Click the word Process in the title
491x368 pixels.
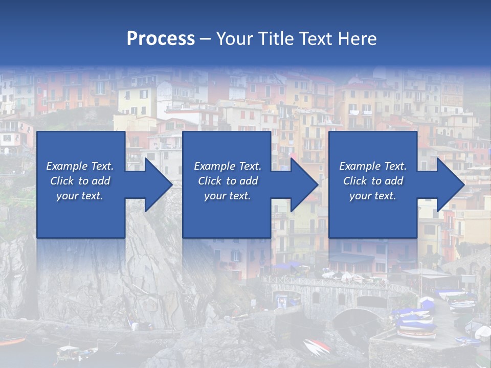pos(161,38)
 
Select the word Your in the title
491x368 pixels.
pos(233,38)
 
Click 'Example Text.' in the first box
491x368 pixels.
pos(80,166)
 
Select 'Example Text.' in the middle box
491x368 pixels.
pos(228,166)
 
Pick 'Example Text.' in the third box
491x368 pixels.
pos(373,166)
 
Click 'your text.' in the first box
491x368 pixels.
pos(80,196)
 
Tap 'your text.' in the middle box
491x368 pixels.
pos(228,196)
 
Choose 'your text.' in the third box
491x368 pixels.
pos(373,196)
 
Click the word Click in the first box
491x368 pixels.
pos(62,181)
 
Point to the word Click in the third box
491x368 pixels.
pos(355,181)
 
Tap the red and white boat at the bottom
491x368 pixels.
pos(317,348)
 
